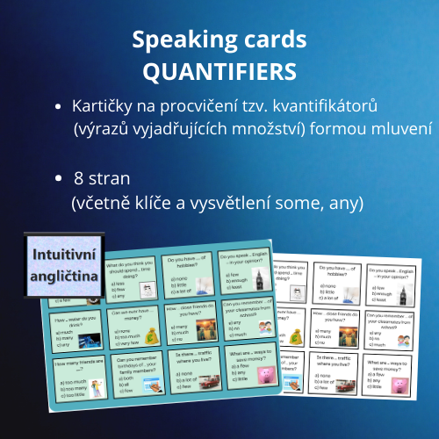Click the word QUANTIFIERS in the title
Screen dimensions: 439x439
[x=219, y=68]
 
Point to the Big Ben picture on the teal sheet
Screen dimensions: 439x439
[x=257, y=279]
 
